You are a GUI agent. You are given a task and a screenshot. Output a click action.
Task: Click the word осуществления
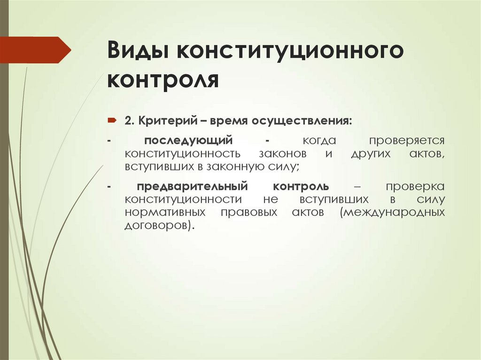click(x=302, y=122)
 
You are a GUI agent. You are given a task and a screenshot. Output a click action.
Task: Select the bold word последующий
click(x=189, y=140)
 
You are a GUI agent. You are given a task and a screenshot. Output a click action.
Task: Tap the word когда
click(x=319, y=140)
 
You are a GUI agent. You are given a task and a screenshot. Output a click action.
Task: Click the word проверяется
click(x=407, y=140)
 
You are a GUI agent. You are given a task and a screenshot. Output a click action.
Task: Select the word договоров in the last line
click(x=158, y=225)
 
